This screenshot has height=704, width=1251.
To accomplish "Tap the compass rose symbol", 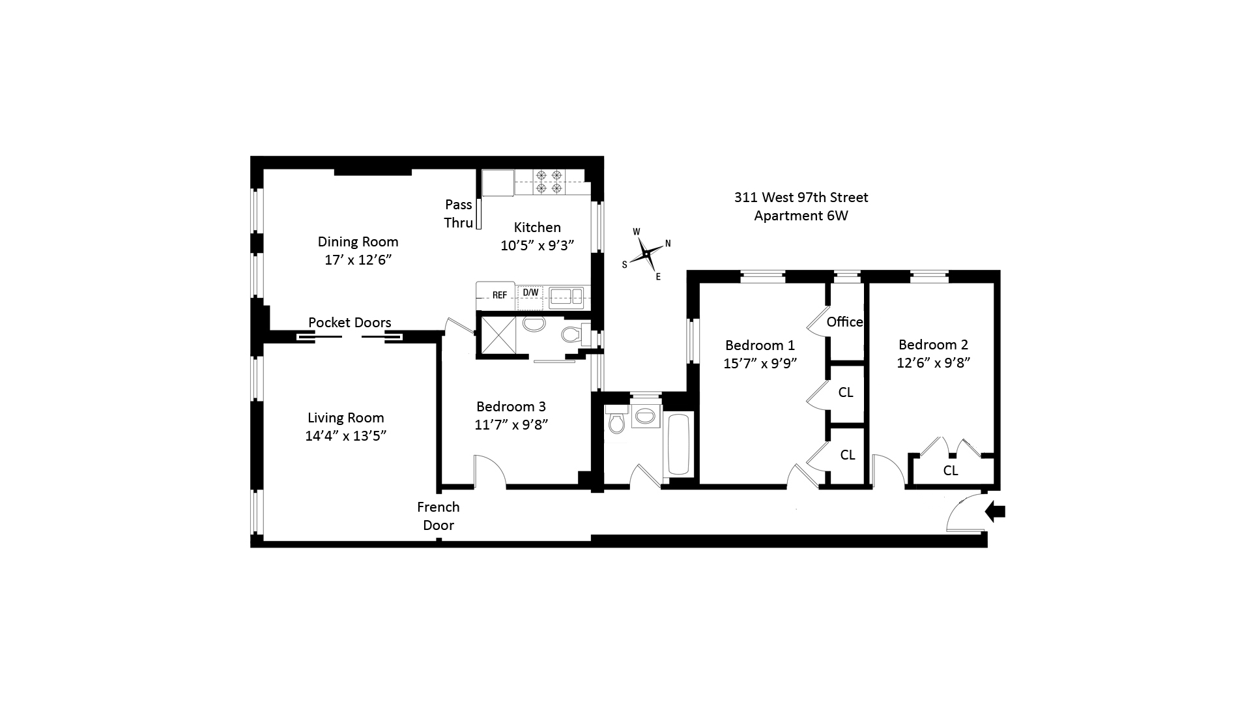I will [x=646, y=254].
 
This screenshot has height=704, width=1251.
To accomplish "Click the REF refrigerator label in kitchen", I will [x=499, y=295].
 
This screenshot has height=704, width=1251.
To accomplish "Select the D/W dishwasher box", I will [x=530, y=293].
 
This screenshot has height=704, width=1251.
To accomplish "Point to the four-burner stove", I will [x=548, y=182].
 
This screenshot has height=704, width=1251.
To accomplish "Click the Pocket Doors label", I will [x=349, y=323].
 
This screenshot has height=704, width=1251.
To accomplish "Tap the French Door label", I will [x=439, y=516].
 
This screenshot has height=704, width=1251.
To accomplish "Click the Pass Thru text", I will [x=458, y=214].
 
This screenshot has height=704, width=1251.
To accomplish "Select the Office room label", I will [x=844, y=322].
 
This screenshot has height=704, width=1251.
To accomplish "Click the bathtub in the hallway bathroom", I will [x=678, y=444].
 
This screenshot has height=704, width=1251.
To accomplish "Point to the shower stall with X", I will [x=498, y=335].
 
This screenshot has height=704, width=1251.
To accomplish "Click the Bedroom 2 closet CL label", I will [x=950, y=471].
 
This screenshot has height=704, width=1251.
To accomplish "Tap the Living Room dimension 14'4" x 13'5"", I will [x=346, y=436].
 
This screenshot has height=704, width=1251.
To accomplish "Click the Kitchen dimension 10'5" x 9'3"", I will [x=538, y=246].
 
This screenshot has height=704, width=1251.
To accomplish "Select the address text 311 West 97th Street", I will [x=801, y=198].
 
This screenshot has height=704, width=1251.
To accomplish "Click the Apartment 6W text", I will [x=801, y=216].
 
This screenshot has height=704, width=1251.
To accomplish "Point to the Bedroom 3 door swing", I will [x=491, y=471].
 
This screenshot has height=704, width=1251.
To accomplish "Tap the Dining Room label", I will [x=358, y=242].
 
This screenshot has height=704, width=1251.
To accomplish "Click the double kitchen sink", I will [x=566, y=297].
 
